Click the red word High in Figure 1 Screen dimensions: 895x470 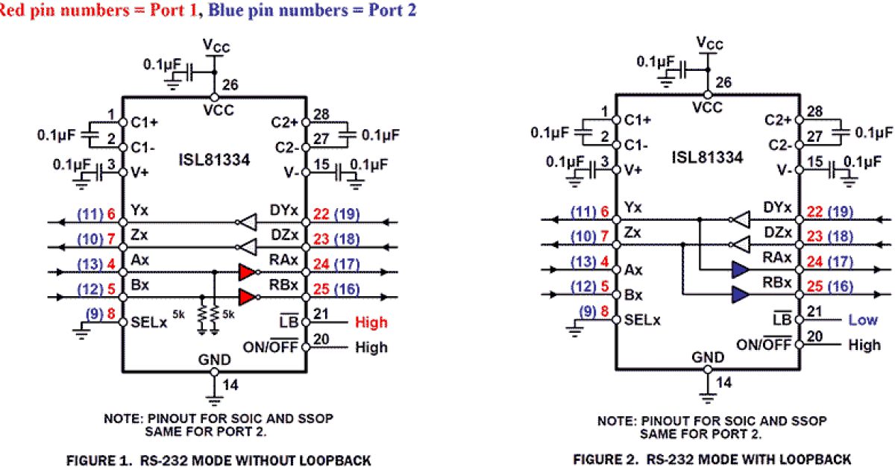tap(371, 322)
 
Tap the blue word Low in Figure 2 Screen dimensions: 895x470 tap(863, 320)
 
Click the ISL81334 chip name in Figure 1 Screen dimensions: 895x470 tap(214, 160)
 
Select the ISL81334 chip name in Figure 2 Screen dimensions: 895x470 tap(707, 157)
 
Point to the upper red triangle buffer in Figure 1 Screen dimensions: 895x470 tap(247, 272)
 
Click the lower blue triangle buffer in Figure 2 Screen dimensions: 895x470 tap(741, 295)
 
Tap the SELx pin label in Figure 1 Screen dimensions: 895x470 tap(148, 322)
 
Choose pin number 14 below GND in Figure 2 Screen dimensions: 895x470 tap(723, 383)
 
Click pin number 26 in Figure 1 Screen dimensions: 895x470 tap(230, 85)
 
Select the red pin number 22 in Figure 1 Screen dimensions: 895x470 tap(321, 214)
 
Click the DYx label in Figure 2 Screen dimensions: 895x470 tap(777, 207)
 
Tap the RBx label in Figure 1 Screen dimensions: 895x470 tap(283, 285)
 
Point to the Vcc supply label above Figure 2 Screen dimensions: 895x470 tap(709, 43)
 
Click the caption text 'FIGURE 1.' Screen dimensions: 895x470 tap(99, 460)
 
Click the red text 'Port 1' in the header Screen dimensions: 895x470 tap(174, 10)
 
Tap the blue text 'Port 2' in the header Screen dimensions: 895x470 tap(392, 10)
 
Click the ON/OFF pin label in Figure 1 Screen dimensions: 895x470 tap(271, 346)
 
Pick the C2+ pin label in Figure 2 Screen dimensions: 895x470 tap(777, 120)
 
